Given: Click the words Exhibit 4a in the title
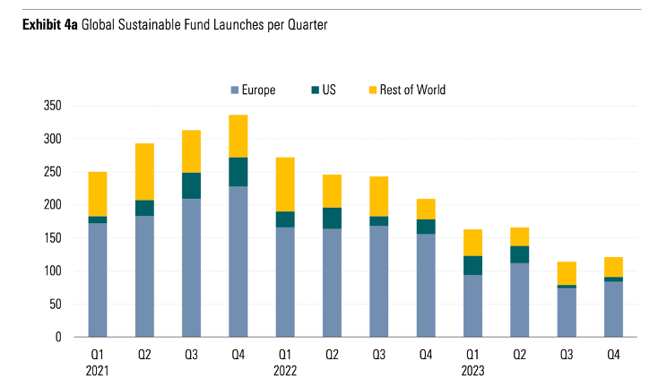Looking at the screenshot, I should tap(50, 26).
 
